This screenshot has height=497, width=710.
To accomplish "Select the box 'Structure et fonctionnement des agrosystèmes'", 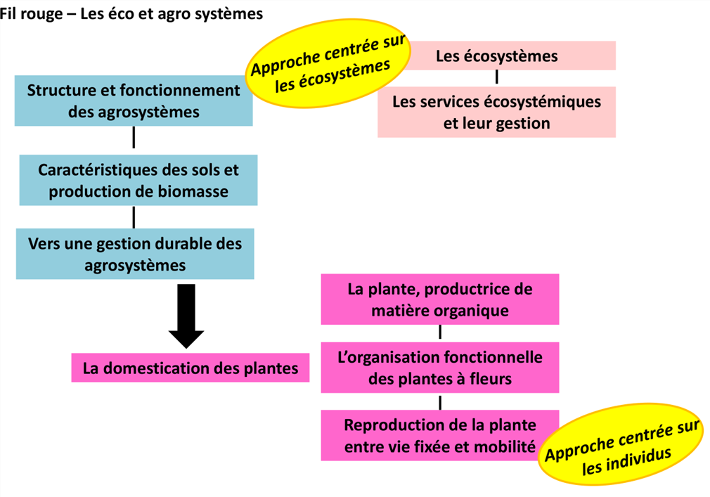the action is [134, 101].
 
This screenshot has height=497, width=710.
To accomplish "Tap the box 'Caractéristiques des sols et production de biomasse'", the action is [138, 180].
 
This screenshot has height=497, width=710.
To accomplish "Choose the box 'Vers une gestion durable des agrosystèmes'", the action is [135, 254].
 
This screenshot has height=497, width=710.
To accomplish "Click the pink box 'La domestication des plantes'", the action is [191, 368].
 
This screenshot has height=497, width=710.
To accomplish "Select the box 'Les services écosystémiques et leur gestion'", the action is [497, 112].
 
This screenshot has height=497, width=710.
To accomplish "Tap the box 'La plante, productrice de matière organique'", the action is [440, 299].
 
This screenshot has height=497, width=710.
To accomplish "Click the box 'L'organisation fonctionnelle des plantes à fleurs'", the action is [440, 368].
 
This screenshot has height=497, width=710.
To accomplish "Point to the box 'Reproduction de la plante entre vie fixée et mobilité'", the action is [434, 435].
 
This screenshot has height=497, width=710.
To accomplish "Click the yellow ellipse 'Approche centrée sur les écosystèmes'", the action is [328, 63].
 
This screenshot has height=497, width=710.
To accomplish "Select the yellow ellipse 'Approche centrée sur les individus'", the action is [621, 444].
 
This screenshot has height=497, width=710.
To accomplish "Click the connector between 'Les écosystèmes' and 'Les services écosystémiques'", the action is [497, 77].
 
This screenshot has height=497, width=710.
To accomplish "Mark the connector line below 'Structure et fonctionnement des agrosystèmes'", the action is [134, 137].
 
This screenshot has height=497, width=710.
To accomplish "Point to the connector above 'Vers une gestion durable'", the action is [134, 217].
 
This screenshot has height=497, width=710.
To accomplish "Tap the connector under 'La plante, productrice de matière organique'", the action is [440, 333].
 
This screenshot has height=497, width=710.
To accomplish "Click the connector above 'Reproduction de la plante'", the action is [440, 402].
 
